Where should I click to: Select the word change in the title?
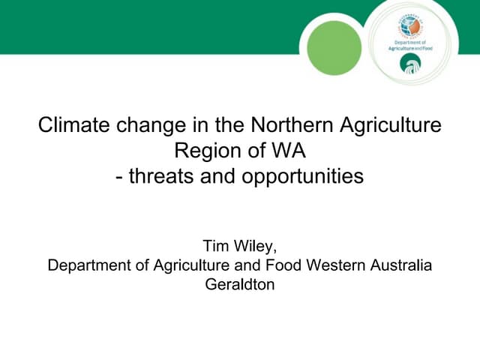click(156, 124)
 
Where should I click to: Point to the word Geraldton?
click(240, 285)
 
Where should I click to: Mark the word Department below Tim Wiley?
click(85, 265)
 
